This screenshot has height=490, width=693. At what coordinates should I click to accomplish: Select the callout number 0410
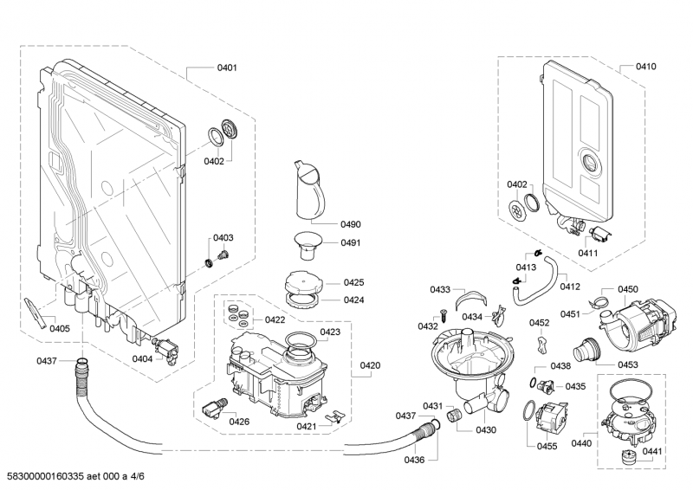645,67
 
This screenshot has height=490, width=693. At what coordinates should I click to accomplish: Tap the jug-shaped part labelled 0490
308,191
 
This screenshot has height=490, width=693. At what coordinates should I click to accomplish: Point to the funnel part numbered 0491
305,245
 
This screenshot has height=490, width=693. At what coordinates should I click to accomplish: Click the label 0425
353,283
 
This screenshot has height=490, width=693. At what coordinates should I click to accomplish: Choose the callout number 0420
369,365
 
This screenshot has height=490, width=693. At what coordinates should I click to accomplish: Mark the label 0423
329,332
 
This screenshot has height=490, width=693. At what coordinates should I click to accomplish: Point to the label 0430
486,429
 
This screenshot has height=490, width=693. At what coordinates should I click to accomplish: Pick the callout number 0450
627,289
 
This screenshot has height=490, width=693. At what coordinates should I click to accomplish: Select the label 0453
628,364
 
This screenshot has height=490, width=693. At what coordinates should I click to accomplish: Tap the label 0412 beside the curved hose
569,287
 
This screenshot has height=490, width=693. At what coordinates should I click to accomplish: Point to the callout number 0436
414,460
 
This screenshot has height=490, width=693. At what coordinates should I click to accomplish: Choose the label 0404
142,359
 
